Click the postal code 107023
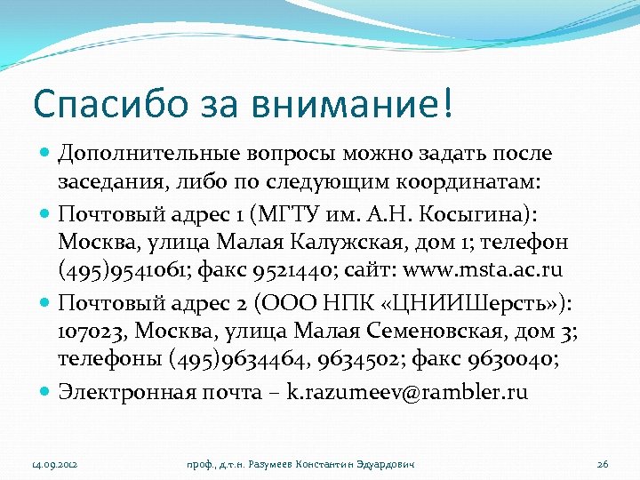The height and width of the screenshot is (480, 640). pyautogui.click(x=92, y=332)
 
